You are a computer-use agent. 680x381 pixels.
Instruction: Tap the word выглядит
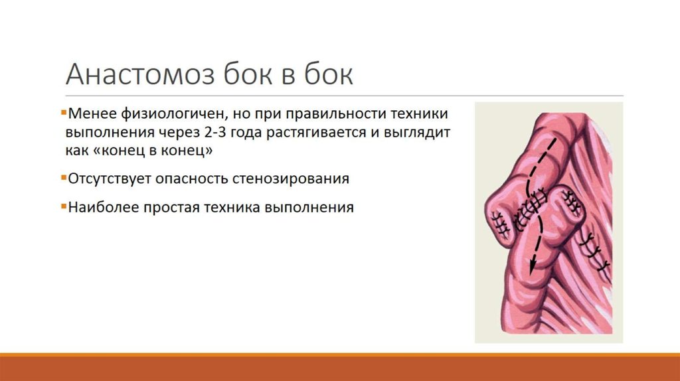click(x=418, y=131)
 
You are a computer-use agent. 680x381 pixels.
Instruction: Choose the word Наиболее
click(x=95, y=207)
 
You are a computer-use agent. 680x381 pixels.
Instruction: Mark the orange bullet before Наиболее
click(x=62, y=206)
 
